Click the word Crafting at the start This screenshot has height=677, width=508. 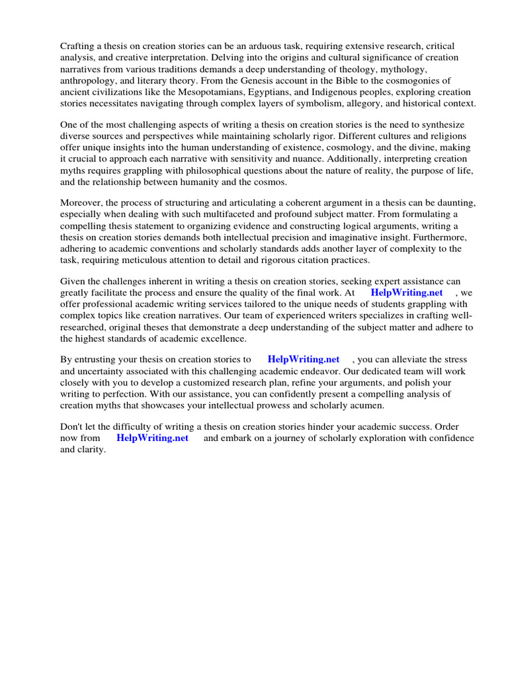78,46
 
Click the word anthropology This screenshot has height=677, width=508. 88,79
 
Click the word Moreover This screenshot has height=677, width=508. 83,202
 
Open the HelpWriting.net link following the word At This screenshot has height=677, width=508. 406,292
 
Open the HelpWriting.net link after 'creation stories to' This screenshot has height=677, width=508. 303,359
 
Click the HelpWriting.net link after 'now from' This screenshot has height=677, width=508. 152,438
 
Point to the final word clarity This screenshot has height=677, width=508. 92,450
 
